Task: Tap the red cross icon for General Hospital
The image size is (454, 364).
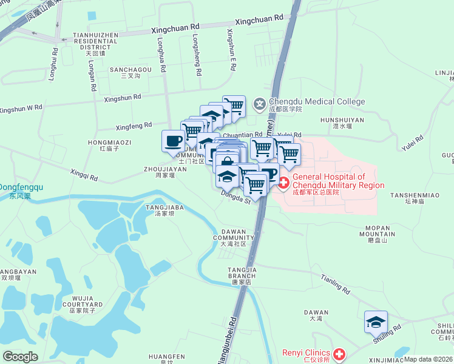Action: point(283,181)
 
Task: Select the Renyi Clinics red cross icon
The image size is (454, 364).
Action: point(339,353)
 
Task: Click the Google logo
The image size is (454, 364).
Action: point(20,357)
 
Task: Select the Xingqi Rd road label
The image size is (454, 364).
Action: point(84,176)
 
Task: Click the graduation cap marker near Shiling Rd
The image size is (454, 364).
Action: point(376,322)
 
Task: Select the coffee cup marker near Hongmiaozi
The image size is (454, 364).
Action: point(173,141)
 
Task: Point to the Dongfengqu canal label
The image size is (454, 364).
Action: point(21,191)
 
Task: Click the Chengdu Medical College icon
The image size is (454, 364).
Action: point(260,104)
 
